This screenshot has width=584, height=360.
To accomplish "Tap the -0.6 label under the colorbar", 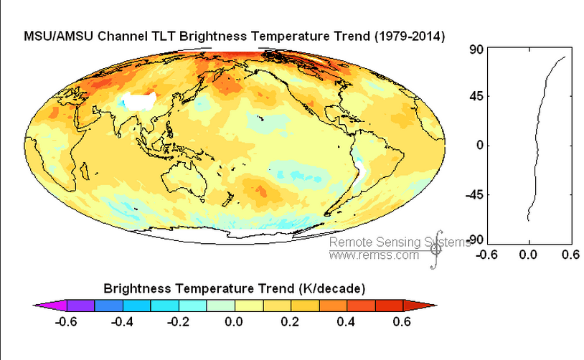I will (x=66, y=321).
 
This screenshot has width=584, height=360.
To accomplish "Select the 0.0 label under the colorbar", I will (x=235, y=321).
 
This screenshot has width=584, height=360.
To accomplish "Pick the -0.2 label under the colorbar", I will (x=179, y=321).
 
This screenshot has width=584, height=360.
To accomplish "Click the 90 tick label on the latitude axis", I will (x=474, y=49).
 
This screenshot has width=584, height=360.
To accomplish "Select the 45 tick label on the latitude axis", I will (x=474, y=97).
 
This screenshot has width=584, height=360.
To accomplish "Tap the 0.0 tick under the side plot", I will (x=529, y=253).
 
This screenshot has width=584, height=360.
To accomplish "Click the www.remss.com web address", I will (x=374, y=255).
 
